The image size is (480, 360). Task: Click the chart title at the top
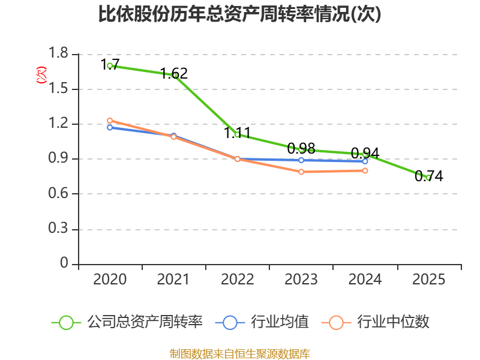coord(240,14)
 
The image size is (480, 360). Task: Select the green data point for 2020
coord(110,65)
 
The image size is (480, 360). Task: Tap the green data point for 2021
coord(174,75)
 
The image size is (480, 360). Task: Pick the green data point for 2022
coord(238,135)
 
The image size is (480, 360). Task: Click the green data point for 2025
coord(429,178)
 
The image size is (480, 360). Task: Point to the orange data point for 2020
coord(110,121)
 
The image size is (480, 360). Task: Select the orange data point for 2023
coord(301,172)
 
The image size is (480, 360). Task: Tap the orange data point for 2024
coord(365,170)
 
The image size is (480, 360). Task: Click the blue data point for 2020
coord(110,127)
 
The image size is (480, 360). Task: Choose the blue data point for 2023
coord(301,160)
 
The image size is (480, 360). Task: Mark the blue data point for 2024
coord(365,161)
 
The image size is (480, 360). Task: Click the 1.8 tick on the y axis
coord(59,55)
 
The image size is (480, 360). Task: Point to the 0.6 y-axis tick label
coord(59,194)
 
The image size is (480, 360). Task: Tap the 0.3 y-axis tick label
coord(59,230)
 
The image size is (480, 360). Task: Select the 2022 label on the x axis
coord(238,280)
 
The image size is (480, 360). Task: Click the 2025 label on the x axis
coord(429,280)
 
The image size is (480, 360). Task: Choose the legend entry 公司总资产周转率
coord(129,322)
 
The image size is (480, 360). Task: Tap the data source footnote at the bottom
coord(240,353)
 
